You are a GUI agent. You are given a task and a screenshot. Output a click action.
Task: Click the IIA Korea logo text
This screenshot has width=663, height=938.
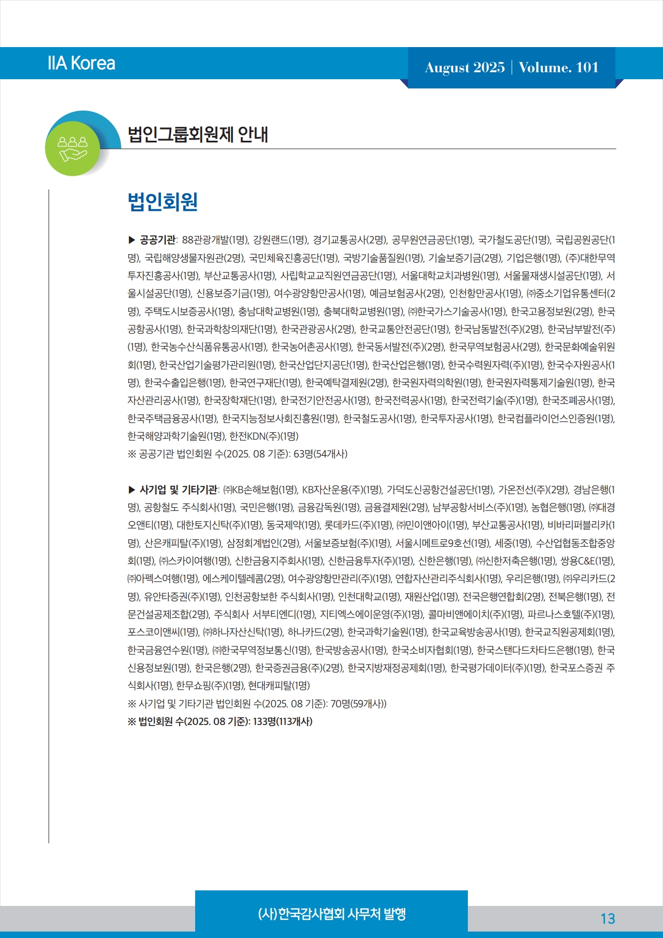click(81, 63)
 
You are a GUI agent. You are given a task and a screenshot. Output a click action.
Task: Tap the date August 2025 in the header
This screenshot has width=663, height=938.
click(465, 67)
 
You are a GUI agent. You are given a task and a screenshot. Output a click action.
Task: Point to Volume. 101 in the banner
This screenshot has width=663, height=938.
click(558, 67)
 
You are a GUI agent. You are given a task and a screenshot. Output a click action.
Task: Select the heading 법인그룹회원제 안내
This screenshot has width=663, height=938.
click(198, 134)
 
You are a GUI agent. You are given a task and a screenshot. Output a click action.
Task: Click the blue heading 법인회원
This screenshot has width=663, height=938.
click(163, 202)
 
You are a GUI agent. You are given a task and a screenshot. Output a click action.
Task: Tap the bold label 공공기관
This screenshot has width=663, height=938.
click(157, 240)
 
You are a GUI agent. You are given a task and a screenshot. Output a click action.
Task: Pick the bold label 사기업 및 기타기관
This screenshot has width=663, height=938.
click(179, 490)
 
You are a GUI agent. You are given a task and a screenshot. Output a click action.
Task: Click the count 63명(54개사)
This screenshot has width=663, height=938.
click(320, 454)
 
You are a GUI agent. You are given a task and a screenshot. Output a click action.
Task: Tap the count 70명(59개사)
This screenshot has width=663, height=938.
click(357, 704)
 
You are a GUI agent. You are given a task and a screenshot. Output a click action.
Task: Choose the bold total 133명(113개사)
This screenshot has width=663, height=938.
click(282, 721)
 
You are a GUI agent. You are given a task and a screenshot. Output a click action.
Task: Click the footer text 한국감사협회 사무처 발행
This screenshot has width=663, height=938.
click(331, 913)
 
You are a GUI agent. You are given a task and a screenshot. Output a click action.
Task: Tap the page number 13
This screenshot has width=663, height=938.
click(607, 919)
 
